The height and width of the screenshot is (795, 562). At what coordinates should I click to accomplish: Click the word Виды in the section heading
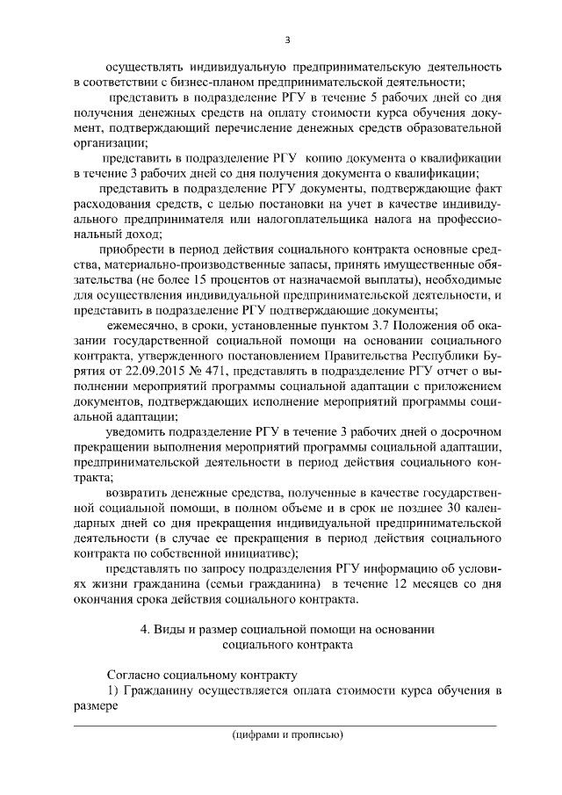click(x=173, y=628)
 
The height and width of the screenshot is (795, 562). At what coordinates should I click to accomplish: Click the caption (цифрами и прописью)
click(x=287, y=734)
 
